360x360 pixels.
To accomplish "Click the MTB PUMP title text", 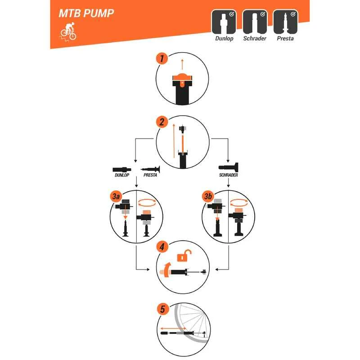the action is [x=86, y=13].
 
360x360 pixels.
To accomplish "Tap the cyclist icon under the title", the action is [x=68, y=32].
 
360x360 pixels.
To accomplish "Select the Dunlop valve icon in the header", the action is [x=224, y=22].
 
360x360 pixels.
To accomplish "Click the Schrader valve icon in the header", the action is [x=255, y=22].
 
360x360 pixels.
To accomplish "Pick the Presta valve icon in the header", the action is [x=285, y=22].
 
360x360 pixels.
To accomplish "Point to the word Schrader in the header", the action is [x=255, y=38].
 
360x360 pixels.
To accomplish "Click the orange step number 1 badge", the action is [x=162, y=58].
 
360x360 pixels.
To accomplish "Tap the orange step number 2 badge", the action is [x=162, y=122].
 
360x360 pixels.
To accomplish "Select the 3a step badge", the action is [x=116, y=196].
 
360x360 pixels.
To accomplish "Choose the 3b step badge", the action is [x=208, y=196].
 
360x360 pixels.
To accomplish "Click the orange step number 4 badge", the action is [x=162, y=247].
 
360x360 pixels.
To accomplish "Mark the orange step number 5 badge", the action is [x=162, y=309].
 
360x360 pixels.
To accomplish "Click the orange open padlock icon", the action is [x=184, y=256].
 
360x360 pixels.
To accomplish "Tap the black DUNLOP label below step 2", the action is [x=122, y=175].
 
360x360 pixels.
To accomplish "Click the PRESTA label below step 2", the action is [x=150, y=175].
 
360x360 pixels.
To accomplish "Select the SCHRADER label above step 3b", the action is [x=229, y=175].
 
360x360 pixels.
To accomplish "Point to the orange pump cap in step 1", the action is [x=182, y=78].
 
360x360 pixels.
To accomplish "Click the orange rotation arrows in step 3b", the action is [x=239, y=202].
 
